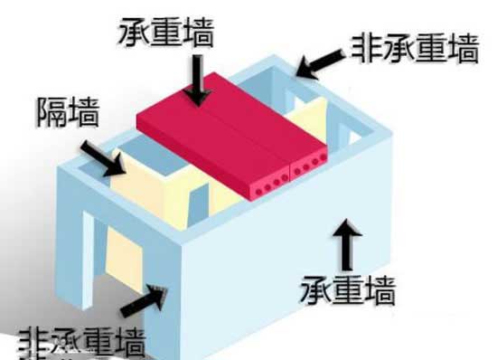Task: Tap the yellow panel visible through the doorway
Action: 120,263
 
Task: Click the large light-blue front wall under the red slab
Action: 271,271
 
